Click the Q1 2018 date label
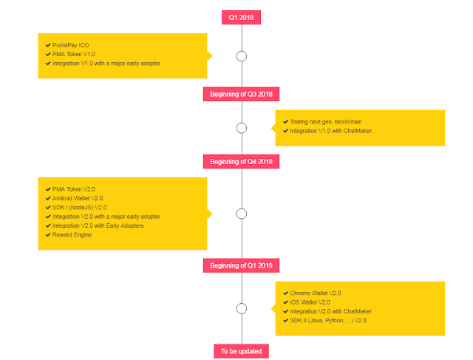click(241, 18)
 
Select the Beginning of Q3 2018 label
click(241, 94)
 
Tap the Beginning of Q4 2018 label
click(241, 162)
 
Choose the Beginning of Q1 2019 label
click(241, 265)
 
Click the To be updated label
click(241, 351)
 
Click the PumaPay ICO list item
click(71, 45)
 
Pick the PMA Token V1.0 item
click(74, 54)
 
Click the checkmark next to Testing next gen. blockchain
click(285, 122)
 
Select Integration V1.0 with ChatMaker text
click(330, 131)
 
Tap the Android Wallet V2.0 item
click(78, 198)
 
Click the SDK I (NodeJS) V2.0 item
click(79, 208)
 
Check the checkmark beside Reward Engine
click(48, 235)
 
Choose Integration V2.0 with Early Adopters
click(98, 225)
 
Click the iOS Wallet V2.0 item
click(310, 302)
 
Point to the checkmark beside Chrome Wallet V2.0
click(285, 293)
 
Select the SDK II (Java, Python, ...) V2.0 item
click(328, 321)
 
